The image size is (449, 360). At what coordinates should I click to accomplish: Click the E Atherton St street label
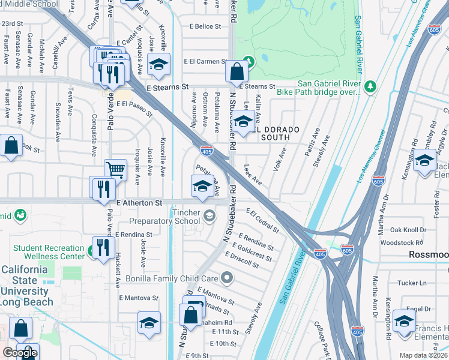coord(140,203)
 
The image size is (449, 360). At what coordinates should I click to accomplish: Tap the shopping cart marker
coord(115,170)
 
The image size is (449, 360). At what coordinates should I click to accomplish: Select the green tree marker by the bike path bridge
coord(370,87)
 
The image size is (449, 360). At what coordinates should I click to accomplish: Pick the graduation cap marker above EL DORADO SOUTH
coord(242,122)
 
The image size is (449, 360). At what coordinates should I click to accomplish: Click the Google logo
coord(20,353)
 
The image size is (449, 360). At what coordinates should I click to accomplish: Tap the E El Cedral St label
coord(263,220)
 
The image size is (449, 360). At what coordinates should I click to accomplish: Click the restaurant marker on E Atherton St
coord(101,188)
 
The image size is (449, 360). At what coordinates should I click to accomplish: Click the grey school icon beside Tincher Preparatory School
coord(209,215)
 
